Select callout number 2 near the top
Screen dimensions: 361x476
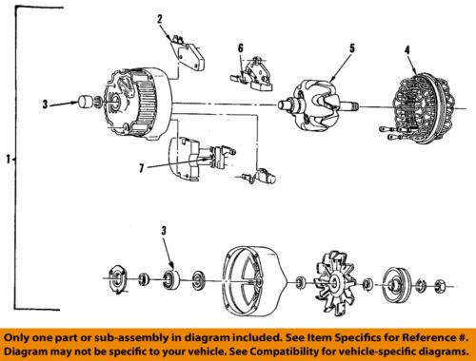(x=159, y=18)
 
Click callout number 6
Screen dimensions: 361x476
(x=241, y=47)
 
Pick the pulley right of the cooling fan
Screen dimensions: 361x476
(x=391, y=282)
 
